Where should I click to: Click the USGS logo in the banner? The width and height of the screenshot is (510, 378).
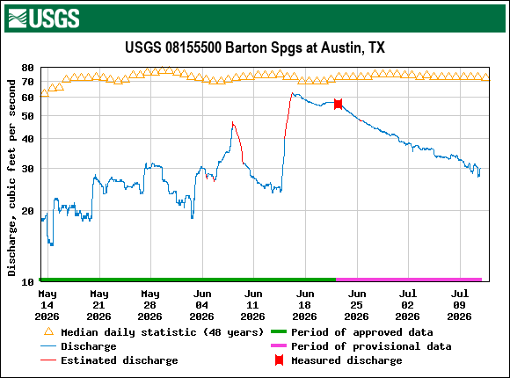(x=44, y=18)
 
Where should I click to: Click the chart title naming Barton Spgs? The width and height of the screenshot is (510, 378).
(x=255, y=47)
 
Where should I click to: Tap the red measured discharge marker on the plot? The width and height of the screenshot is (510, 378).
(x=338, y=104)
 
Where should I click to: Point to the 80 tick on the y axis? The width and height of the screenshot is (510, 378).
(x=27, y=68)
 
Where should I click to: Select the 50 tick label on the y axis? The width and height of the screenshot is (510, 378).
(x=27, y=116)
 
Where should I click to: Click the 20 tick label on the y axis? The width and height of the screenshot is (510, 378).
(x=27, y=211)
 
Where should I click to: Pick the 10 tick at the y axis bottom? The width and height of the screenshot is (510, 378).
(x=27, y=281)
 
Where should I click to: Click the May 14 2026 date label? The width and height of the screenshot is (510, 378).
(x=47, y=305)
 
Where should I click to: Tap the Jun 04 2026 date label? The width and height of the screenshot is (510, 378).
(x=202, y=305)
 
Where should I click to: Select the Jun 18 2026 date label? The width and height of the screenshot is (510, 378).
(x=305, y=305)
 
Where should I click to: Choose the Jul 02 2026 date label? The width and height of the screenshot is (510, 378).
(x=407, y=305)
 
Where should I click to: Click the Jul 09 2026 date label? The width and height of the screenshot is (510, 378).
(x=459, y=305)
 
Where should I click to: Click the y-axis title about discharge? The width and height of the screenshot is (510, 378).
(x=12, y=178)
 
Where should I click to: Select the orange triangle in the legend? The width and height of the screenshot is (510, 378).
(x=48, y=332)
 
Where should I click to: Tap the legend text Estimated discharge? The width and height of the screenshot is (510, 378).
(x=120, y=360)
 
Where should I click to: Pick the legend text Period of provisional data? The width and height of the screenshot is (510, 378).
(x=371, y=346)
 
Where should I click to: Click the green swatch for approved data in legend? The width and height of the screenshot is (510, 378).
(x=279, y=331)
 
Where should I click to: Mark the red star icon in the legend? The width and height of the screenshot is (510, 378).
(x=279, y=360)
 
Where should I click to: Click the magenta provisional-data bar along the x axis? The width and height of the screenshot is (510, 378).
(x=409, y=280)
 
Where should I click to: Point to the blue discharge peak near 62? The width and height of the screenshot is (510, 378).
(x=293, y=93)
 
